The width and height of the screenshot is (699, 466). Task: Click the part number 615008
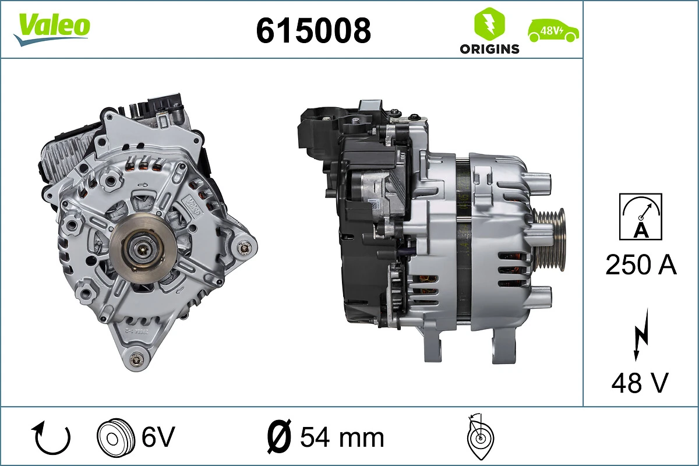313,30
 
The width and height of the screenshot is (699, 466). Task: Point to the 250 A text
641,265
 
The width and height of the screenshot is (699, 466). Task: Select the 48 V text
640,383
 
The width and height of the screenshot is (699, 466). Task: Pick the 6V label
158,436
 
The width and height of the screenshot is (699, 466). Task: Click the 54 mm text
342,437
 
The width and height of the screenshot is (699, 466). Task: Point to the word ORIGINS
489,49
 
